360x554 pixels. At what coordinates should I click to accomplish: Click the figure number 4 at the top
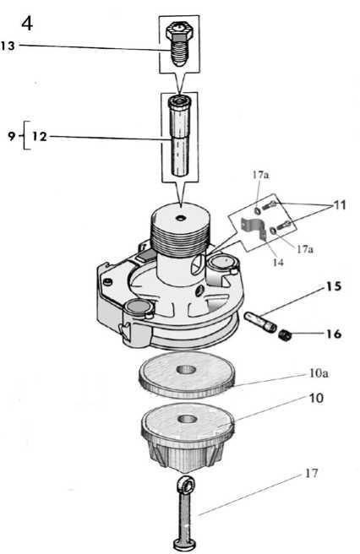click(x=27, y=24)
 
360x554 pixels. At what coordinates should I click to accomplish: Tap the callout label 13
click(x=8, y=46)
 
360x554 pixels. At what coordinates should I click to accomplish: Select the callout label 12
click(x=40, y=136)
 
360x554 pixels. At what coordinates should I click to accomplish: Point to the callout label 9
click(x=12, y=136)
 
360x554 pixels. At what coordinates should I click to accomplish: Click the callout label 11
click(x=339, y=205)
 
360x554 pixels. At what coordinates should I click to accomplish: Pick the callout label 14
click(x=278, y=262)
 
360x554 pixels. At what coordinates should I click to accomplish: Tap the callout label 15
click(x=334, y=286)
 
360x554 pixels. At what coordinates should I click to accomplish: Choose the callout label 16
click(x=334, y=334)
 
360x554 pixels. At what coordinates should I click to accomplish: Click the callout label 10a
click(x=319, y=373)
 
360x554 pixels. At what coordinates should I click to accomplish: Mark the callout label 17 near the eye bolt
click(x=311, y=473)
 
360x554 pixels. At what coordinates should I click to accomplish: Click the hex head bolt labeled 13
click(x=180, y=43)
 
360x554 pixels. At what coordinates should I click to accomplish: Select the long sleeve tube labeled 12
click(x=180, y=135)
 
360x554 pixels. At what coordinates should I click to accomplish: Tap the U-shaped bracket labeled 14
click(x=254, y=228)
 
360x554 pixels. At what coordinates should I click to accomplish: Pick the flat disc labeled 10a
click(x=187, y=375)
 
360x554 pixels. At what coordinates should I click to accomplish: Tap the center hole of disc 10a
click(x=187, y=370)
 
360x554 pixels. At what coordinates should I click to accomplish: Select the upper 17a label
click(x=260, y=175)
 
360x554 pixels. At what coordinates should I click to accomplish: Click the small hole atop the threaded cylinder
click(x=182, y=219)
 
